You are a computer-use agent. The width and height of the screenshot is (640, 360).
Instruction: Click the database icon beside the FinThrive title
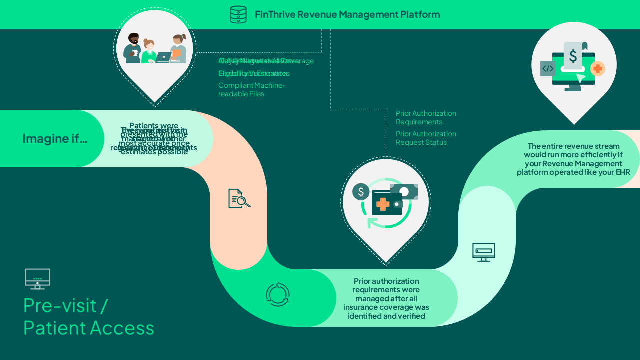click(x=238, y=14)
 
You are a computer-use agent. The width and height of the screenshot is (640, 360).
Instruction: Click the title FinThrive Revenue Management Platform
click(x=347, y=14)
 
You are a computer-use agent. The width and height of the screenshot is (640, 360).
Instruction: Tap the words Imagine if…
click(x=54, y=138)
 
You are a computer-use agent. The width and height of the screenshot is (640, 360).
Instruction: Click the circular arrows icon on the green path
click(x=278, y=294)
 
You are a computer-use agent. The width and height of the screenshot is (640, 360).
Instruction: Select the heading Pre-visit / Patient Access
click(x=89, y=316)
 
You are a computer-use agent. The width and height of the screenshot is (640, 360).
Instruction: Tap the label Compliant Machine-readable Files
click(x=252, y=89)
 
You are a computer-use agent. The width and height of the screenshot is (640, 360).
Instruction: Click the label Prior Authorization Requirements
click(x=426, y=117)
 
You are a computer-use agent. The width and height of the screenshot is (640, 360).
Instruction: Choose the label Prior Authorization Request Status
click(x=426, y=138)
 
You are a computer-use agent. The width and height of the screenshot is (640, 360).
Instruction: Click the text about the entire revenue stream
click(x=573, y=159)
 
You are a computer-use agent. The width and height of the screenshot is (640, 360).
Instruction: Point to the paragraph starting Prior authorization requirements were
click(x=386, y=298)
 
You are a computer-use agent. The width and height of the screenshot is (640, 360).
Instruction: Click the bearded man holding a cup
click(x=133, y=48)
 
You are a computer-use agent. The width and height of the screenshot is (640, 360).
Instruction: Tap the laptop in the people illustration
click(x=163, y=57)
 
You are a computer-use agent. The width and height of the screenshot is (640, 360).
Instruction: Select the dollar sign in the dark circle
click(x=361, y=191)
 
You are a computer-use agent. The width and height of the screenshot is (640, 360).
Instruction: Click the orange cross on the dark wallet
click(x=382, y=204)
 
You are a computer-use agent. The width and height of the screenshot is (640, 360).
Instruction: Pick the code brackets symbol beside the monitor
click(x=548, y=69)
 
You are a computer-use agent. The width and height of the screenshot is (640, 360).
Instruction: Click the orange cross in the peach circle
click(x=598, y=68)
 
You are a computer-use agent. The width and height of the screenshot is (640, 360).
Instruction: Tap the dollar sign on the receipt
click(x=573, y=56)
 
